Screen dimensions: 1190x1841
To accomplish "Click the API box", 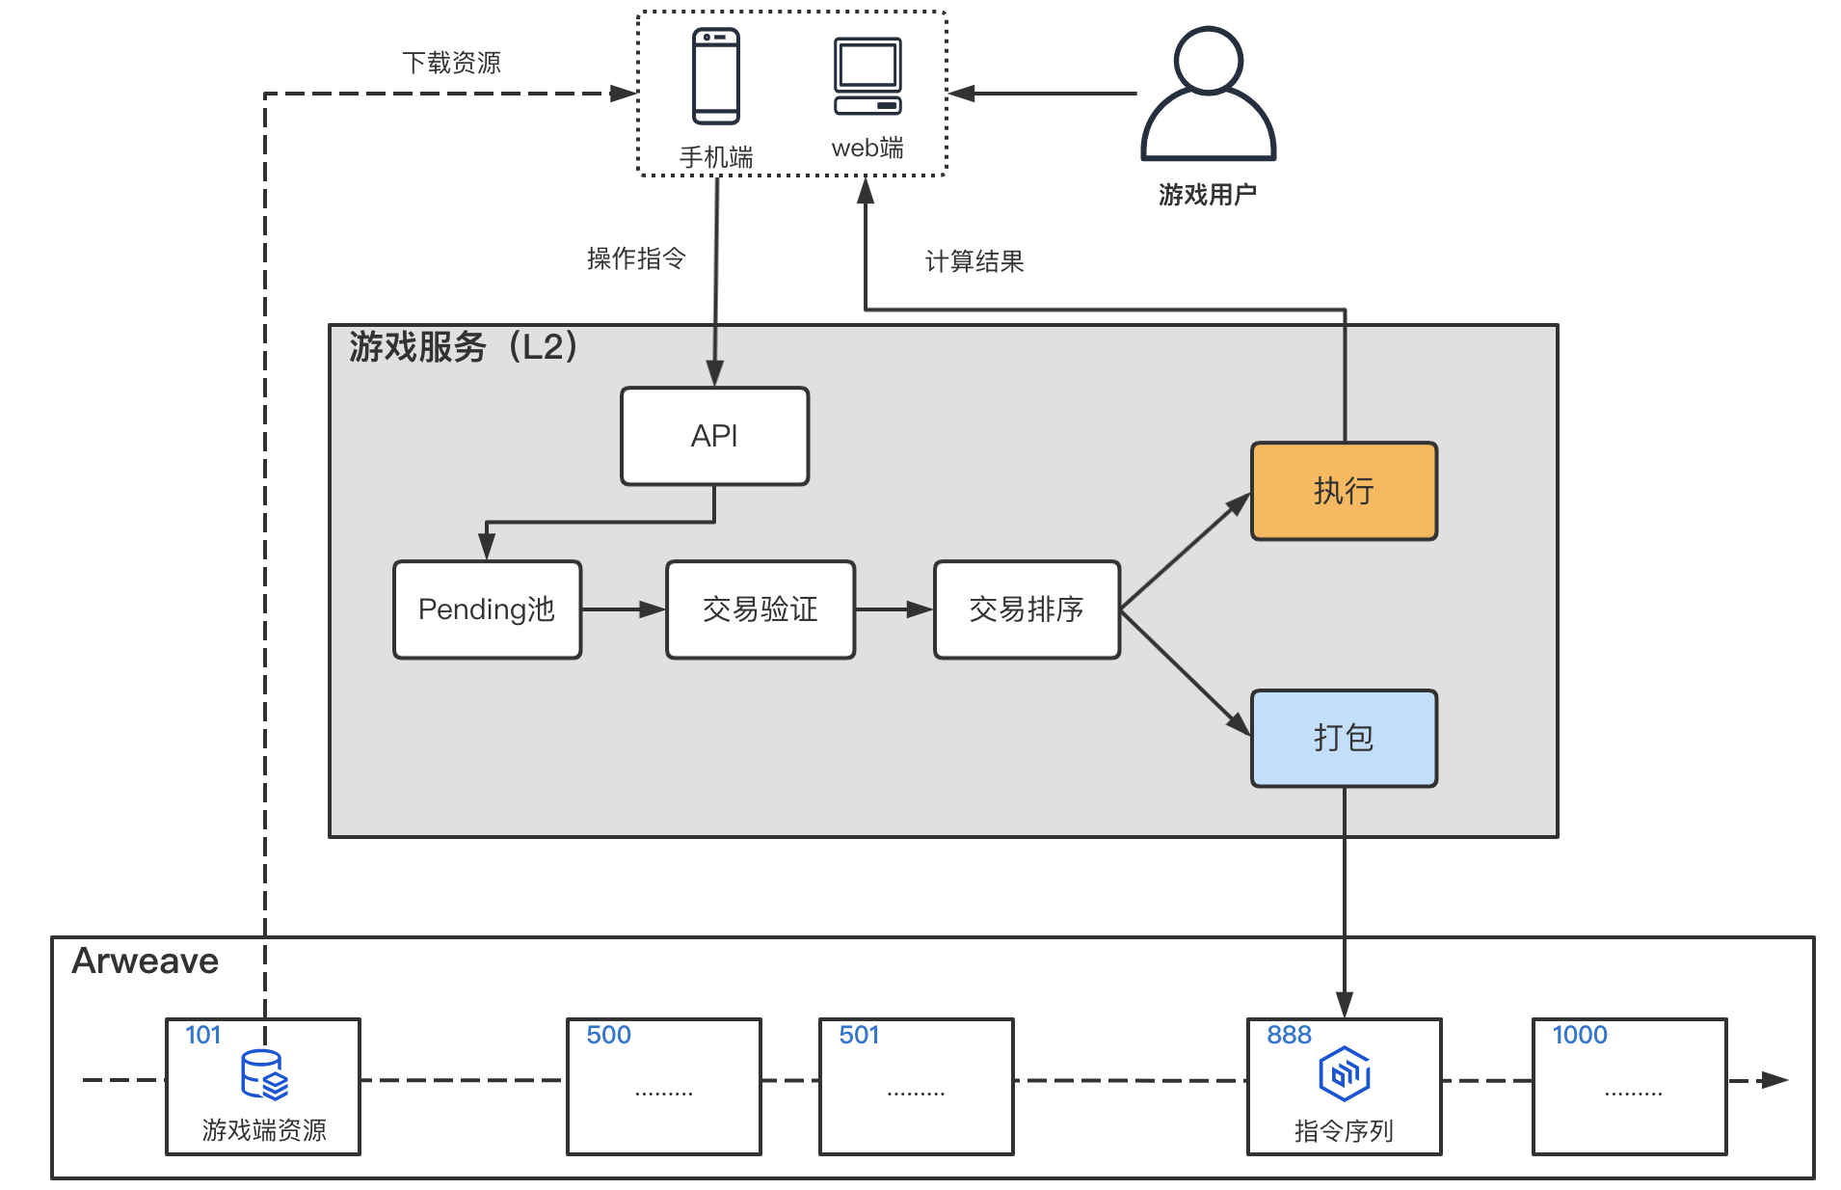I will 714,436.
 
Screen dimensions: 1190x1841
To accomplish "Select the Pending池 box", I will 487,609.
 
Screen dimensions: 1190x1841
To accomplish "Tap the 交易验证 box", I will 760,609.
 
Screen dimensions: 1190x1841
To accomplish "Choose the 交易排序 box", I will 1027,609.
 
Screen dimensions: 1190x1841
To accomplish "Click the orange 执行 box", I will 1344,491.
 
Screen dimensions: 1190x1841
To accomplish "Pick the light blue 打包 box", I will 1344,738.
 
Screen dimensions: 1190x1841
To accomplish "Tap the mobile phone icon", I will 716,76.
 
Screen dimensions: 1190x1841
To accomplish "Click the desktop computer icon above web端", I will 867,77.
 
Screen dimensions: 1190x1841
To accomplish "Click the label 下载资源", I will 451,63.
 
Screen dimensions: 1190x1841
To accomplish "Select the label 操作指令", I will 636,258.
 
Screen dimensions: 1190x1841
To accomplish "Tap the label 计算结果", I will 974,261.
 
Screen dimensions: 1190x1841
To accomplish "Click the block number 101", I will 202,1035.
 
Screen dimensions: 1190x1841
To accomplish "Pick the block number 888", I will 1289,1035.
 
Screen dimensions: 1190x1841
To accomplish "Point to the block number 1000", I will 1579,1035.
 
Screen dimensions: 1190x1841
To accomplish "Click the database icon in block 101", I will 264,1075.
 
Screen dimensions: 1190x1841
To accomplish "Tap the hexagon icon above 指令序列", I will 1344,1073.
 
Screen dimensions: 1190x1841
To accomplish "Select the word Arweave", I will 145,960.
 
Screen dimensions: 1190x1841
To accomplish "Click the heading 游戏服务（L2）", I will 463,346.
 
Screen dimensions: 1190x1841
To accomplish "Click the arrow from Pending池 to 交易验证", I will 623,609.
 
